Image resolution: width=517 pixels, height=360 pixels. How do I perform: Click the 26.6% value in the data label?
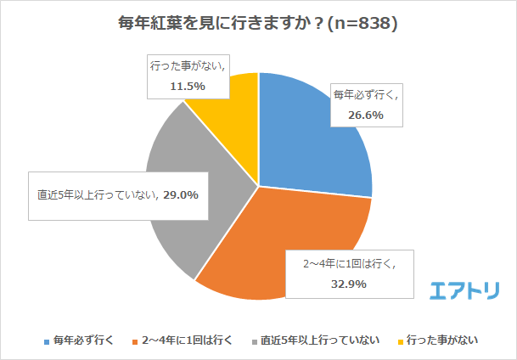pyautogui.click(x=367, y=114)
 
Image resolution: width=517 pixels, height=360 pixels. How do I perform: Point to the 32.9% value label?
pyautogui.click(x=349, y=284)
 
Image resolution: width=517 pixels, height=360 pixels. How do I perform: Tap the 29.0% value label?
pyautogui.click(x=182, y=194)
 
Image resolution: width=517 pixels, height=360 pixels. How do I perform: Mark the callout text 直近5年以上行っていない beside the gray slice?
pyautogui.click(x=93, y=194)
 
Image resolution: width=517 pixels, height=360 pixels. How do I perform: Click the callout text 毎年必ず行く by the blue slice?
pyautogui.click(x=365, y=94)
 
